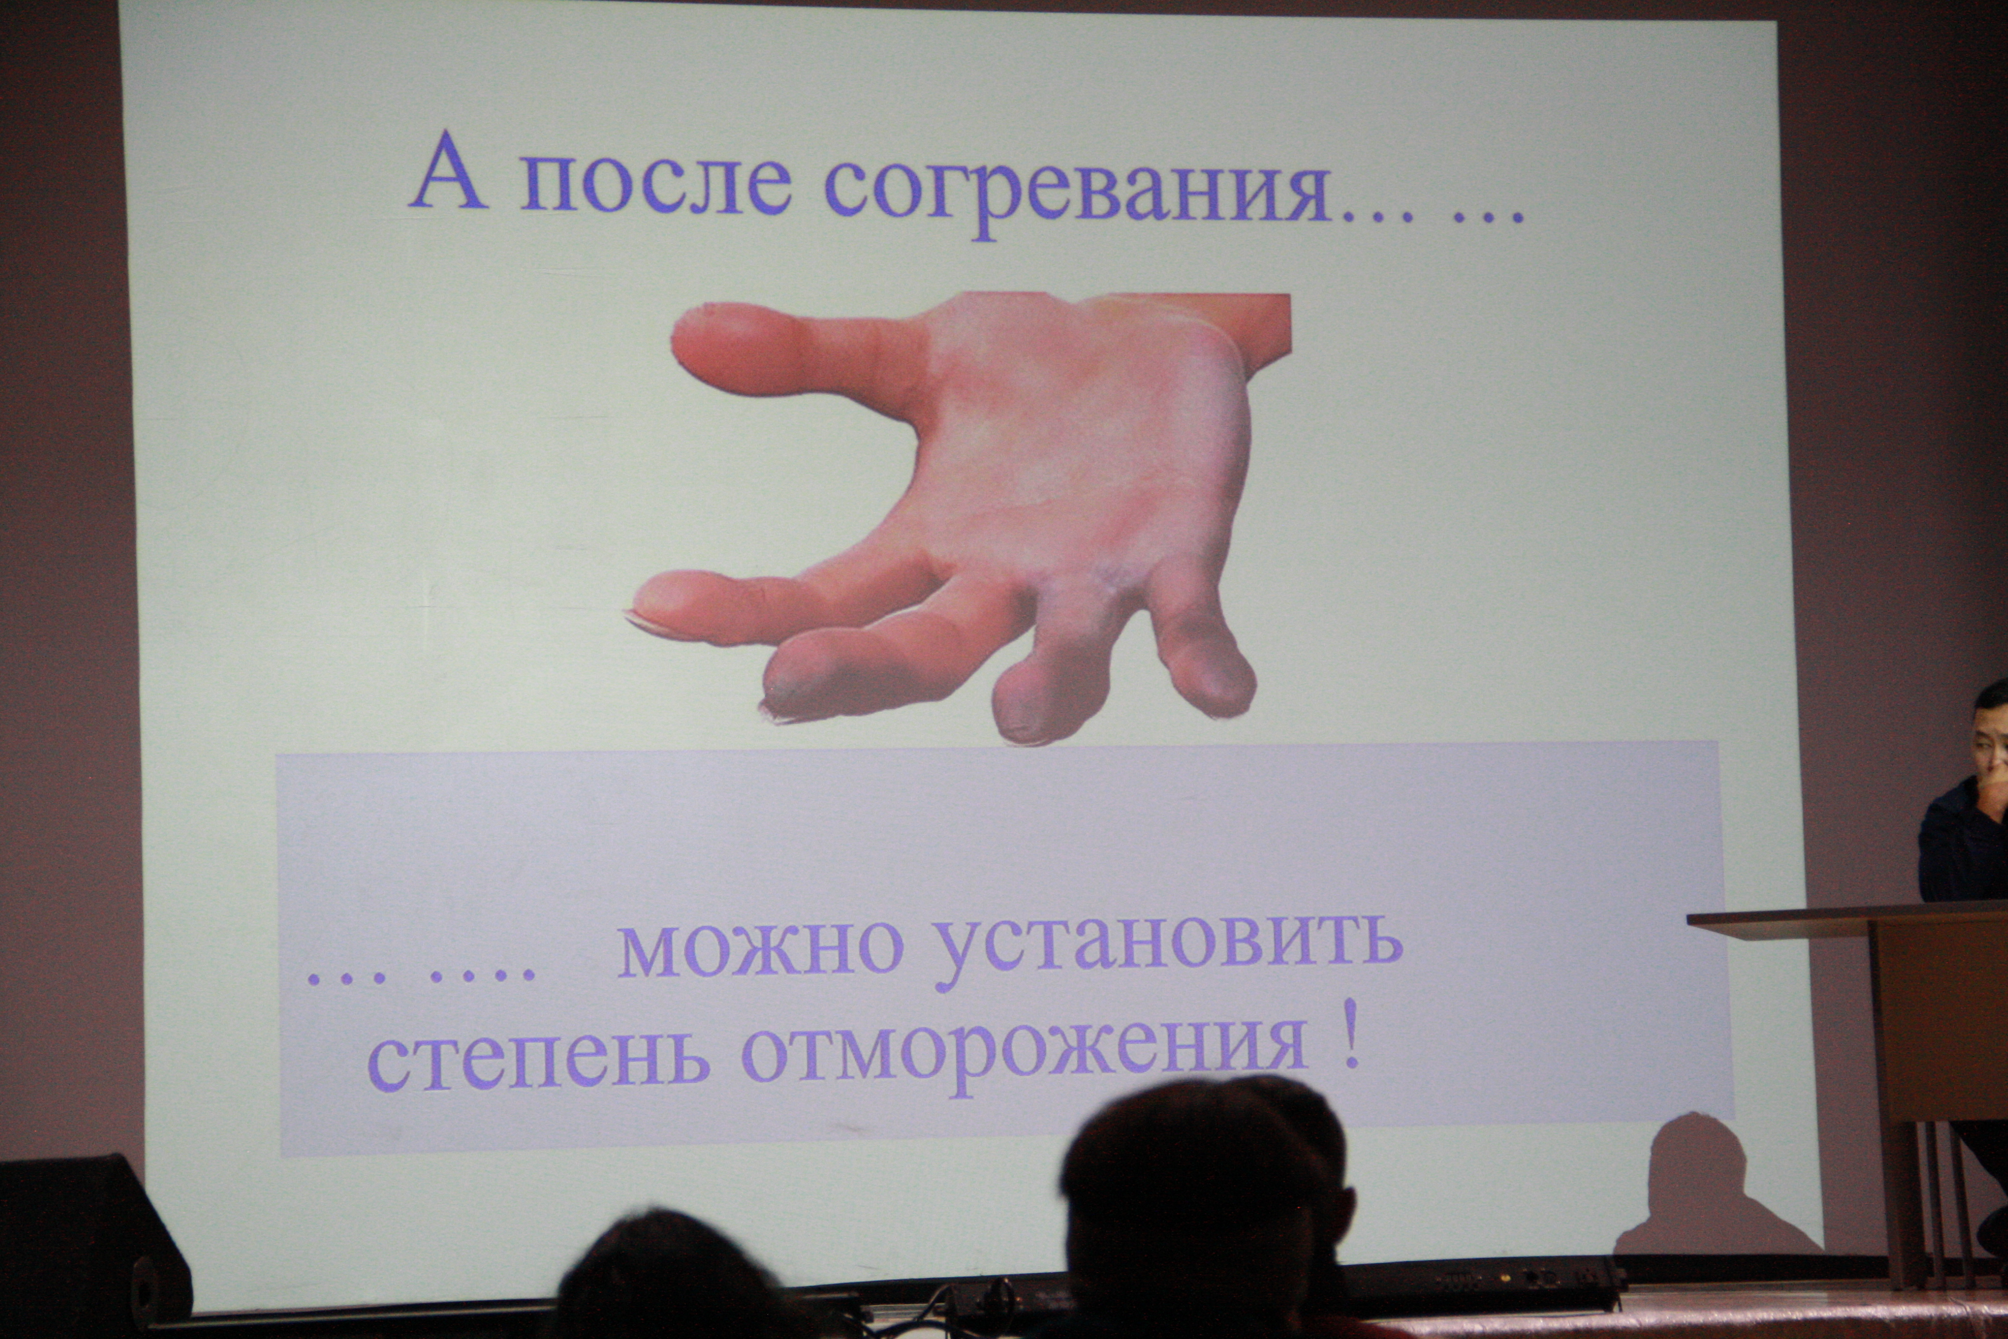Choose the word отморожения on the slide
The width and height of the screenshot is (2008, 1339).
[x=1025, y=1050]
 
